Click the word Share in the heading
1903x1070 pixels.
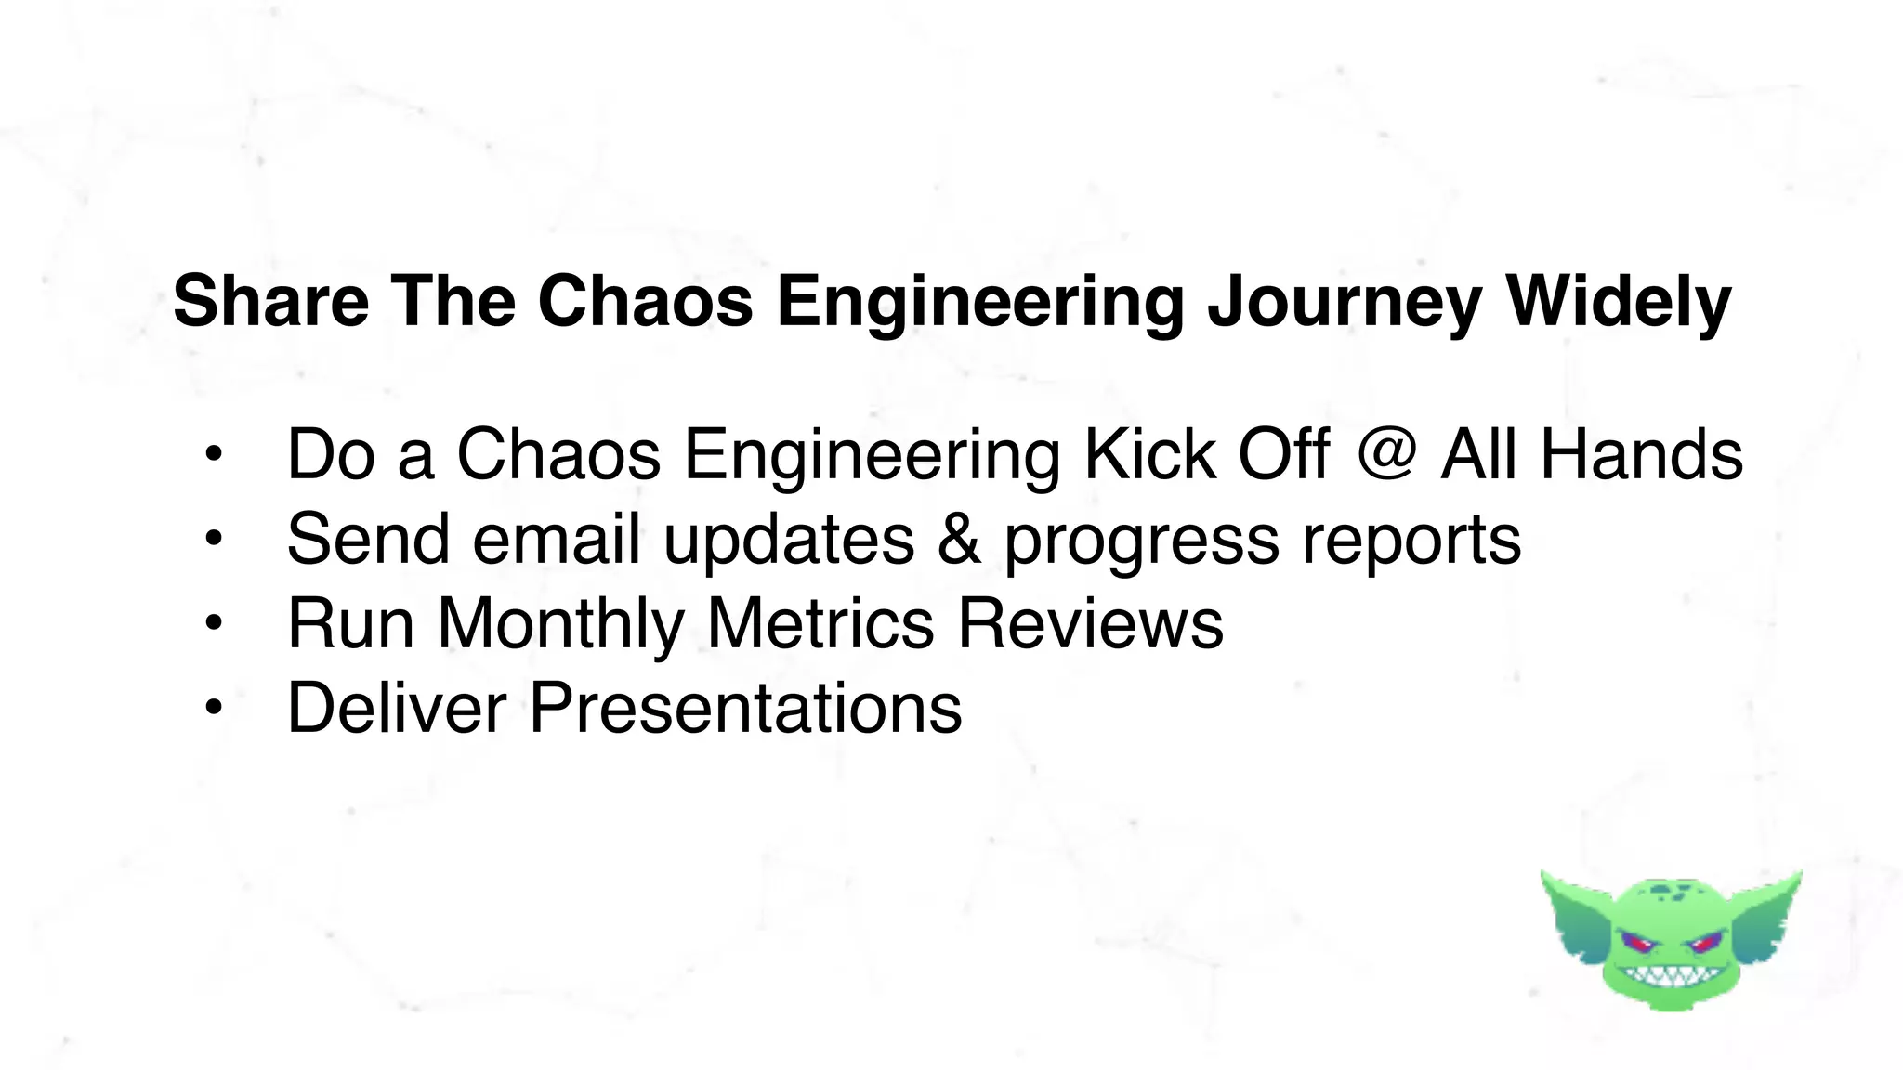(270, 301)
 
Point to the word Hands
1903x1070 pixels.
(1641, 454)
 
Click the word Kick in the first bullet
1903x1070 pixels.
(1149, 454)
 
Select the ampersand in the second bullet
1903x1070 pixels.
(958, 539)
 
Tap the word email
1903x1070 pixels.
(556, 539)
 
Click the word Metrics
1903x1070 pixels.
(820, 622)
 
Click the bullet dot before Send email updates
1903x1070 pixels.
(214, 539)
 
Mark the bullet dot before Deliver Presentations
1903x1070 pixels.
(214, 709)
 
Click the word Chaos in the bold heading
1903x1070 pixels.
(645, 301)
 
